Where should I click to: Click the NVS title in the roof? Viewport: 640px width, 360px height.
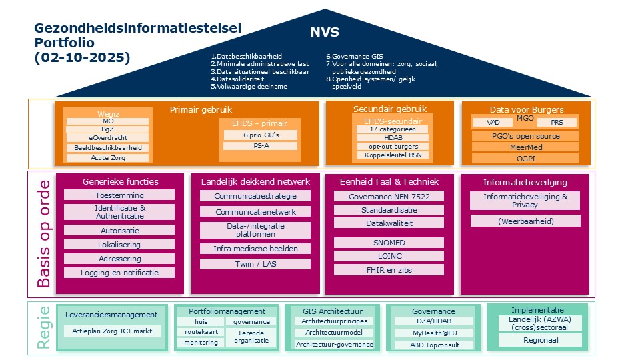(325, 32)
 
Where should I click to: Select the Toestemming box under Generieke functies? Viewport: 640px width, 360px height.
(119, 195)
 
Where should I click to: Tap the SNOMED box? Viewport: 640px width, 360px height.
(389, 243)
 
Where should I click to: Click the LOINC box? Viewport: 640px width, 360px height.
(389, 256)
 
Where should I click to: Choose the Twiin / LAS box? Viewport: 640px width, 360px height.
(255, 264)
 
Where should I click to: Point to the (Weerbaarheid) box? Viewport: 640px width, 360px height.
(525, 221)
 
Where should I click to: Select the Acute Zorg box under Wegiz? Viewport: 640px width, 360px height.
(107, 158)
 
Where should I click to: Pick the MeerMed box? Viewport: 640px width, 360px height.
(525, 147)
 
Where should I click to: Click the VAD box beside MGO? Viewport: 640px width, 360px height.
(494, 123)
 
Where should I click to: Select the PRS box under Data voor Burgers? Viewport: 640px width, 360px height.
(558, 123)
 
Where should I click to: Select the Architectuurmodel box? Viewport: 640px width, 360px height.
(334, 333)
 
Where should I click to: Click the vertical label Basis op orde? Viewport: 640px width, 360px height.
(43, 233)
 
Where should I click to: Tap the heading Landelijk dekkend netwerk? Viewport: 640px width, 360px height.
(255, 181)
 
